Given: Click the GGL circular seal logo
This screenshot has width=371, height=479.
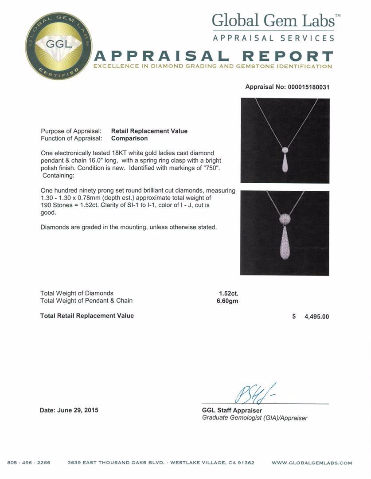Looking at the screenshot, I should pos(58,46).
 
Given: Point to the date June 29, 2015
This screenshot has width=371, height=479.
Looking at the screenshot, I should pos(69,410).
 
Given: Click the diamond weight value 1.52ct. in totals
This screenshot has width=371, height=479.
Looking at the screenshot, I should pos(229,293).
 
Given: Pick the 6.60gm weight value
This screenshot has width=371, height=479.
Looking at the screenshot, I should pos(228,301).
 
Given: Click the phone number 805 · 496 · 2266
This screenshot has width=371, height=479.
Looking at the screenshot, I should pos(29,463).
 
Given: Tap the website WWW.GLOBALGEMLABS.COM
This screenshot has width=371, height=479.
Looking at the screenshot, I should pos(312,463).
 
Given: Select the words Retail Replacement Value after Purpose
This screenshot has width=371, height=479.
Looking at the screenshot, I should pos(149,131).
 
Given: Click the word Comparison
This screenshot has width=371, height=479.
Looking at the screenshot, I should pos(129,138).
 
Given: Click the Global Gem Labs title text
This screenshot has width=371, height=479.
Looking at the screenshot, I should pos(273,20).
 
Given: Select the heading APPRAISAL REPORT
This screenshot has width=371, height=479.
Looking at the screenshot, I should pos(214,57).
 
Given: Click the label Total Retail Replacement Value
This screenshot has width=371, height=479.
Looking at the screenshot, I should pos(87,316).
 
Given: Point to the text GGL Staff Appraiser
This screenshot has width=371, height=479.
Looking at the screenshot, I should pos(232,410).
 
